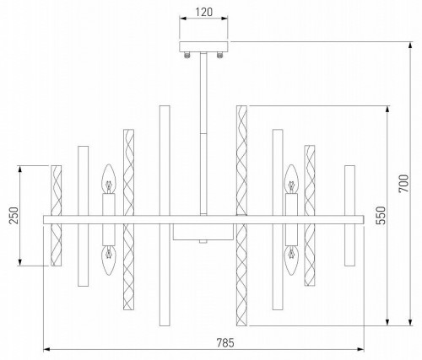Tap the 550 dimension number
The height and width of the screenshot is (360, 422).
[x=380, y=215]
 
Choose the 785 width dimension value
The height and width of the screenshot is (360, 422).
[x=223, y=341]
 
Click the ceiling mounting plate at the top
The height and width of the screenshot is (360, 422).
[x=203, y=47]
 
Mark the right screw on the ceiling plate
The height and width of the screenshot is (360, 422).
[x=219, y=56]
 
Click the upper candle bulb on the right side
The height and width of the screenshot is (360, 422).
[x=291, y=179]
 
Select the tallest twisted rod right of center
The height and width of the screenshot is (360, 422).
[x=241, y=215]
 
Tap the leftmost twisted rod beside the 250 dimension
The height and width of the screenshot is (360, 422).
[x=57, y=215]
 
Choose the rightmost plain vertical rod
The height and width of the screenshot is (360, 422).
[x=349, y=215]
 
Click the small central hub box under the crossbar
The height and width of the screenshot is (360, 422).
[x=203, y=232]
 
